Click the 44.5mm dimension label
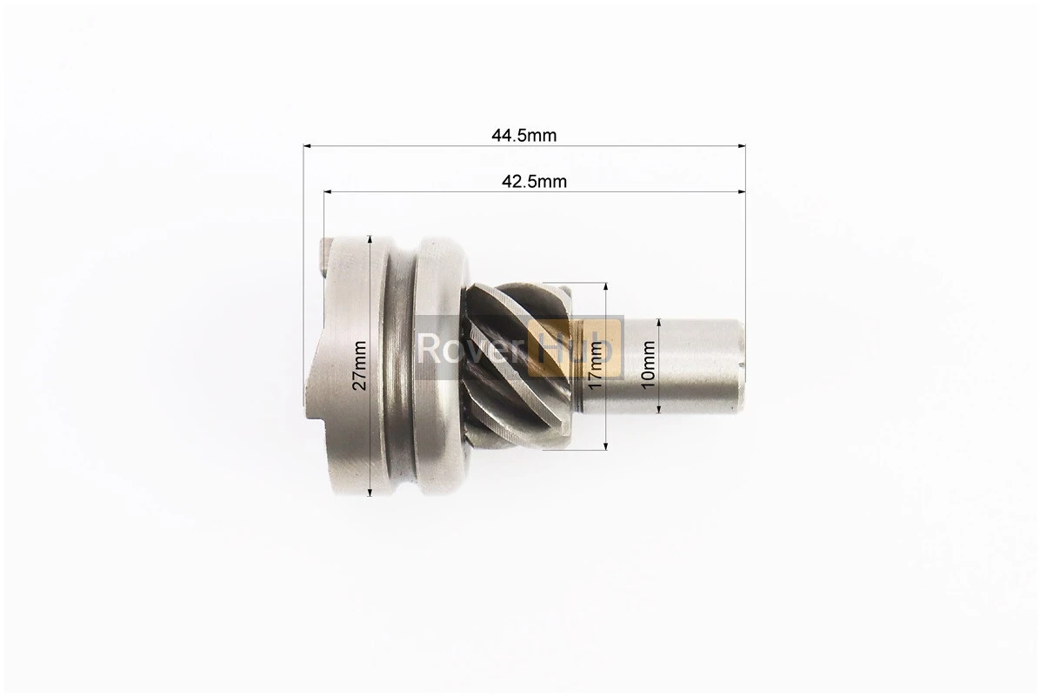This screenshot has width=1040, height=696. tap(524, 136)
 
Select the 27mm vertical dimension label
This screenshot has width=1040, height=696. tap(359, 365)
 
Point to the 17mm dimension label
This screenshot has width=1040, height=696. tap(595, 365)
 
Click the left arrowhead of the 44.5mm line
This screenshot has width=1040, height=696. tap(307, 145)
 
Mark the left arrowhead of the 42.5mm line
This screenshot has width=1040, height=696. tap(328, 191)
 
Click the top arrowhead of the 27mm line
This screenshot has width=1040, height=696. tap(370, 239)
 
